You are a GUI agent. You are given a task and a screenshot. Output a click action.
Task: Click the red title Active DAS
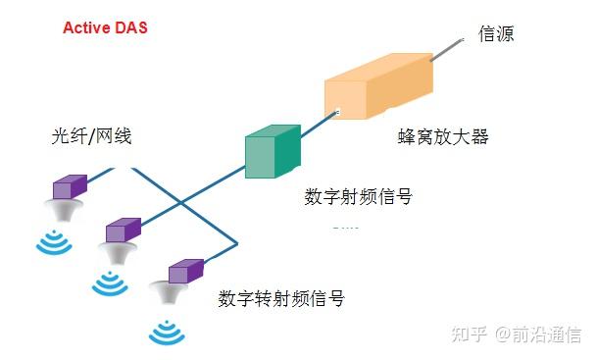tap(105, 27)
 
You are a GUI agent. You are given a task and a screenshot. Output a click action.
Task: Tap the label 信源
tap(496, 33)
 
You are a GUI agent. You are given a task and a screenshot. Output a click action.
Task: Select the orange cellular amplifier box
tap(377, 88)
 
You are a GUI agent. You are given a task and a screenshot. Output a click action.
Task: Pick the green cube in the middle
tap(272, 152)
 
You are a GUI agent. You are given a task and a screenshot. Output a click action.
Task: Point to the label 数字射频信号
tap(358, 196)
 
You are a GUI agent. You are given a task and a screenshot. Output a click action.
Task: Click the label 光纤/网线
tap(91, 136)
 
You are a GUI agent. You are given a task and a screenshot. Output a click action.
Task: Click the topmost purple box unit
tap(70, 186)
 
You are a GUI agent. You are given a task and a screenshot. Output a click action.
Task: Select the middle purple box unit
tap(124, 231)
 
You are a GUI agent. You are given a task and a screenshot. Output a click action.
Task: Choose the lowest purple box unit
tap(184, 271)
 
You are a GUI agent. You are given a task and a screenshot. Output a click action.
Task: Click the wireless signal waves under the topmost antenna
tap(54, 241)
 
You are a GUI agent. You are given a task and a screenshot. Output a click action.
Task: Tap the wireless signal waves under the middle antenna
tap(110, 283)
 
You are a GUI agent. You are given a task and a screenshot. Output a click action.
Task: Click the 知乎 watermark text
tap(468, 334)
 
